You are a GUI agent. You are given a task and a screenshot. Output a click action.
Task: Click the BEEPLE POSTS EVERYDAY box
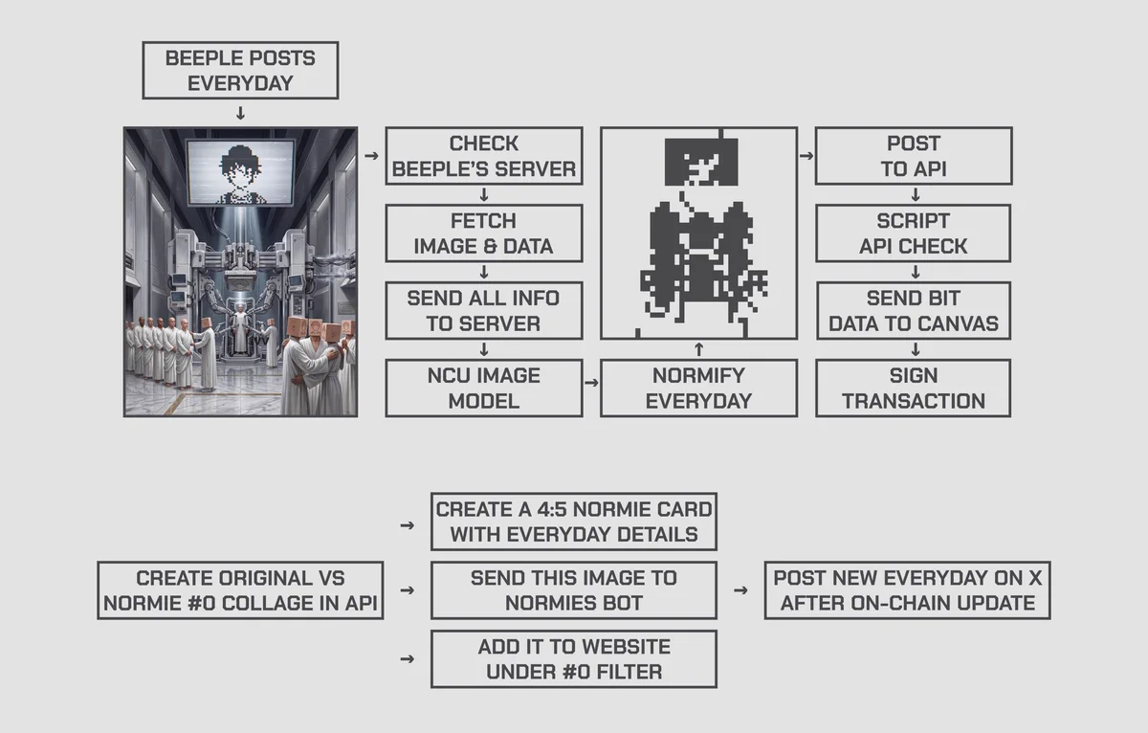[240, 70]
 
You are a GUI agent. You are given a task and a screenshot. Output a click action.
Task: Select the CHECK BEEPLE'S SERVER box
[484, 156]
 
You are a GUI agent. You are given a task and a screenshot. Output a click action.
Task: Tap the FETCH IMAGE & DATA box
[484, 233]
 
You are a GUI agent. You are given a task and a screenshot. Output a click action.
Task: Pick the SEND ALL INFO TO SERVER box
[484, 311]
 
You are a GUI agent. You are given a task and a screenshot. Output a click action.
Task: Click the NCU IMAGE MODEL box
[484, 388]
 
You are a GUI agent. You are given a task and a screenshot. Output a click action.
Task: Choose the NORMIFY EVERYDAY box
[698, 388]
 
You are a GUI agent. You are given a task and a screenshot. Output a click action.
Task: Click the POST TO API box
[914, 156]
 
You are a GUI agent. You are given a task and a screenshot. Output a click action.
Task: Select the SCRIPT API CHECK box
[914, 233]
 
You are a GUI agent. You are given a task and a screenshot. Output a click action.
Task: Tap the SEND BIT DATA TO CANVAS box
[914, 311]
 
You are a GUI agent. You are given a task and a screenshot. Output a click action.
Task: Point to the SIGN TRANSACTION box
[914, 388]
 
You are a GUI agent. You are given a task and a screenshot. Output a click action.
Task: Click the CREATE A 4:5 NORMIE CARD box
[574, 522]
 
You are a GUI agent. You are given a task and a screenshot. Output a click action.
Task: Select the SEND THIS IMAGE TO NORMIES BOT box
[574, 590]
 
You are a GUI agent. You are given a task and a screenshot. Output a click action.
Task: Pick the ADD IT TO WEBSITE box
[574, 659]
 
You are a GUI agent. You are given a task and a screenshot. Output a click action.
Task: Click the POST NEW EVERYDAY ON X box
[908, 590]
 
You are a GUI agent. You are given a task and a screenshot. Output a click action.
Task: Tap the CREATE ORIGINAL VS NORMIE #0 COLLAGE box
[240, 590]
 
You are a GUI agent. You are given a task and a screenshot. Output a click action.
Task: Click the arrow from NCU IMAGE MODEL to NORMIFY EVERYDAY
[591, 383]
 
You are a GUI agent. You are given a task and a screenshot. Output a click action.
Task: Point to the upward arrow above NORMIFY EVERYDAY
[698, 349]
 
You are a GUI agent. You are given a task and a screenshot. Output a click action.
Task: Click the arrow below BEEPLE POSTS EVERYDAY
[240, 113]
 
